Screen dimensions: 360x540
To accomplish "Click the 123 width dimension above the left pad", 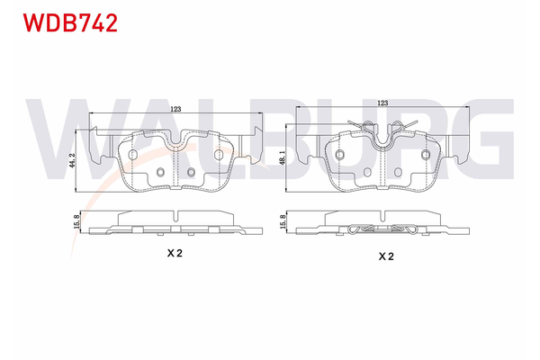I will click(175, 109).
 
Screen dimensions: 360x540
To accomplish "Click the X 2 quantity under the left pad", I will click(175, 254).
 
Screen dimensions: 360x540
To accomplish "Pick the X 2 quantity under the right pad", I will click(385, 256).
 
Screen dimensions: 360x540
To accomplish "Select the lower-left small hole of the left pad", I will click(160, 173).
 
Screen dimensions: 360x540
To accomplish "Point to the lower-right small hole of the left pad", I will click(191, 173).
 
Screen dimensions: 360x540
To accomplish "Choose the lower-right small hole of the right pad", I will click(400, 173).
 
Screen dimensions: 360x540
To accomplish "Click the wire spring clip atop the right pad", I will click(385, 130).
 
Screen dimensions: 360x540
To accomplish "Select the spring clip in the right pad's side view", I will click(385, 229).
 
